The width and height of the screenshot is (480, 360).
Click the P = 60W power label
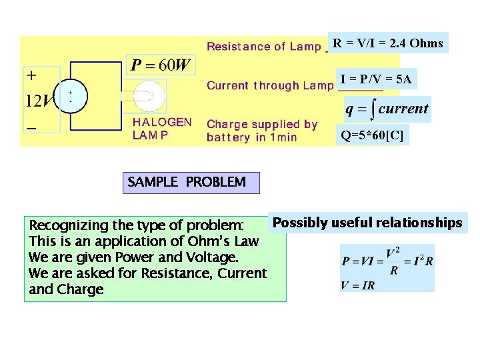[x=161, y=65]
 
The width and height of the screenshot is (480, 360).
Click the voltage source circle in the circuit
[x=73, y=95]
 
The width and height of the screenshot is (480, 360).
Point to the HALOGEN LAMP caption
[x=162, y=129]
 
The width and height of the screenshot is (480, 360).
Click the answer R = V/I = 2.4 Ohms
[x=388, y=43]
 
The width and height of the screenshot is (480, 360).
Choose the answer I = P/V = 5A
[x=376, y=79]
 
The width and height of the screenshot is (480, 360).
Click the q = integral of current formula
[x=387, y=109]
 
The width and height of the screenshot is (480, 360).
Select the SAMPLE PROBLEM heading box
[x=191, y=183]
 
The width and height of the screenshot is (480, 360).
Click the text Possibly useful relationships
[x=368, y=223]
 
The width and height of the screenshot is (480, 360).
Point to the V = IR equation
[x=359, y=285]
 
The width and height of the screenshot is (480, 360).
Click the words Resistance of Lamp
[x=264, y=47]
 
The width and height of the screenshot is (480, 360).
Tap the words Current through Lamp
[x=269, y=85]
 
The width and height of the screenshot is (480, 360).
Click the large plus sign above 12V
[x=31, y=75]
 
